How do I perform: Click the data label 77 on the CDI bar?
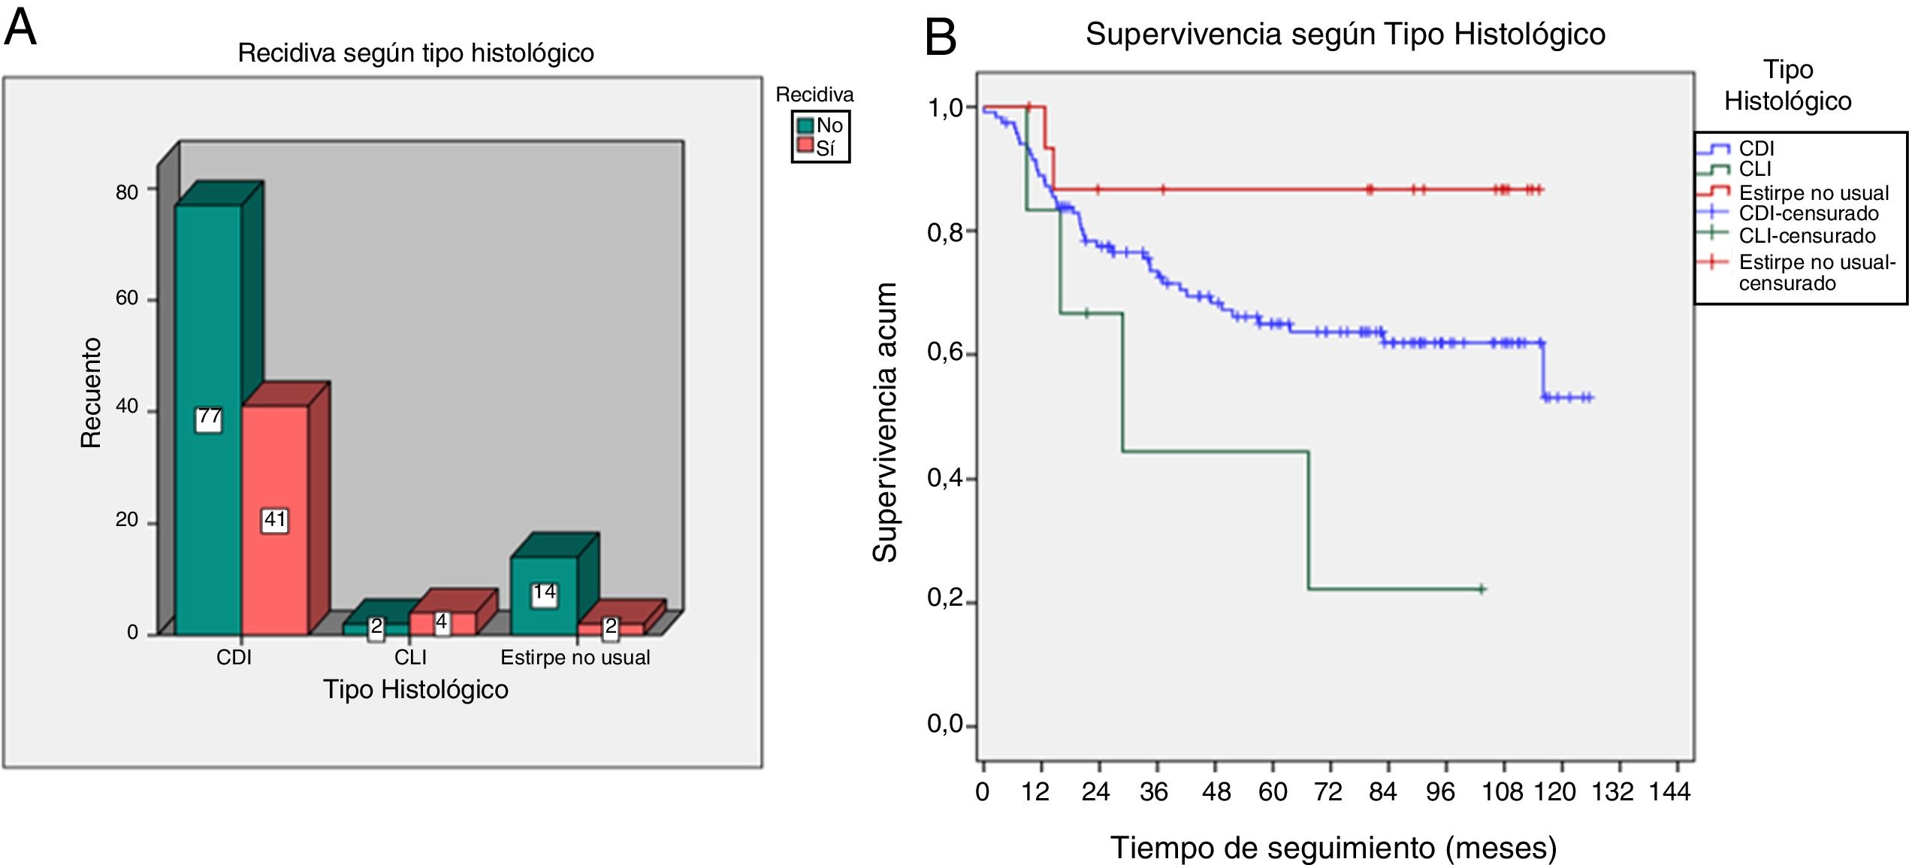pos(209,419)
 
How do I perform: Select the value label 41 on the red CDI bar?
pos(275,520)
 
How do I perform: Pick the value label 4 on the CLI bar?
pos(442,623)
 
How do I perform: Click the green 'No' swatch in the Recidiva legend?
pos(806,126)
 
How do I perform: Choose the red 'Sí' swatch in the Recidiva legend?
pos(806,146)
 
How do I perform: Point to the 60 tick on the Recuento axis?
pos(127,298)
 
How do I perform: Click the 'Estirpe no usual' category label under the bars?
pos(575,658)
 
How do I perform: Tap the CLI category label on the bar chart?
pos(410,658)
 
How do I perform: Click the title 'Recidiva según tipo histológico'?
pos(415,53)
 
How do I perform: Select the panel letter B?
pos(941,37)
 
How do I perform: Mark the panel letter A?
pos(20,29)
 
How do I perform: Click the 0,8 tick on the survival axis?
pos(945,232)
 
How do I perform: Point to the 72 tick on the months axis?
pos(1328,791)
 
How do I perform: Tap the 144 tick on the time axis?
pos(1669,791)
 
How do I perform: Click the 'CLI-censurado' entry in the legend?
pos(1807,235)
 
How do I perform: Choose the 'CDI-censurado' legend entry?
pos(1808,213)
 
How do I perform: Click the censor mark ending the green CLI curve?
pos(1482,589)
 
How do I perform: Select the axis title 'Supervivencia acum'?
pos(885,422)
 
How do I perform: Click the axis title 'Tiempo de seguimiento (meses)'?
pos(1334,848)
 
